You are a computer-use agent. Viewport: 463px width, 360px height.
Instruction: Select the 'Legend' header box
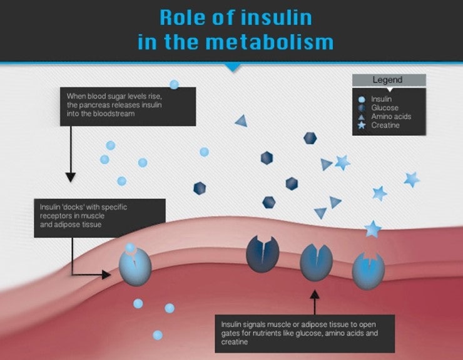(388, 80)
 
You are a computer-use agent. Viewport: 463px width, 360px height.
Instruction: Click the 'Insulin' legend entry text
(382, 99)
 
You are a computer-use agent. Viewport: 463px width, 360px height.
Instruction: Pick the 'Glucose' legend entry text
(385, 108)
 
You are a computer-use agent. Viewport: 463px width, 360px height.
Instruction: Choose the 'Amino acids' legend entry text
(391, 116)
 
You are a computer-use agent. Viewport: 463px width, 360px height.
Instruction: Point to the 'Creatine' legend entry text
(385, 125)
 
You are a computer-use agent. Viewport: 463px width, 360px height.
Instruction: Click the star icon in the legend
(362, 126)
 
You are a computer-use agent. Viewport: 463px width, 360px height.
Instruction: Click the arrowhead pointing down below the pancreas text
(71, 178)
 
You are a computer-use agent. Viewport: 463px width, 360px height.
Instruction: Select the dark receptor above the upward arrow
(316, 262)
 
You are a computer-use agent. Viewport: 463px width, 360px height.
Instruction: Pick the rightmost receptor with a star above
(368, 270)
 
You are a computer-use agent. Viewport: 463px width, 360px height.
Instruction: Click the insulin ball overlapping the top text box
(174, 85)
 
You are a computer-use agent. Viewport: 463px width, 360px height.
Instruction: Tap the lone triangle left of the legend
(241, 121)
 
